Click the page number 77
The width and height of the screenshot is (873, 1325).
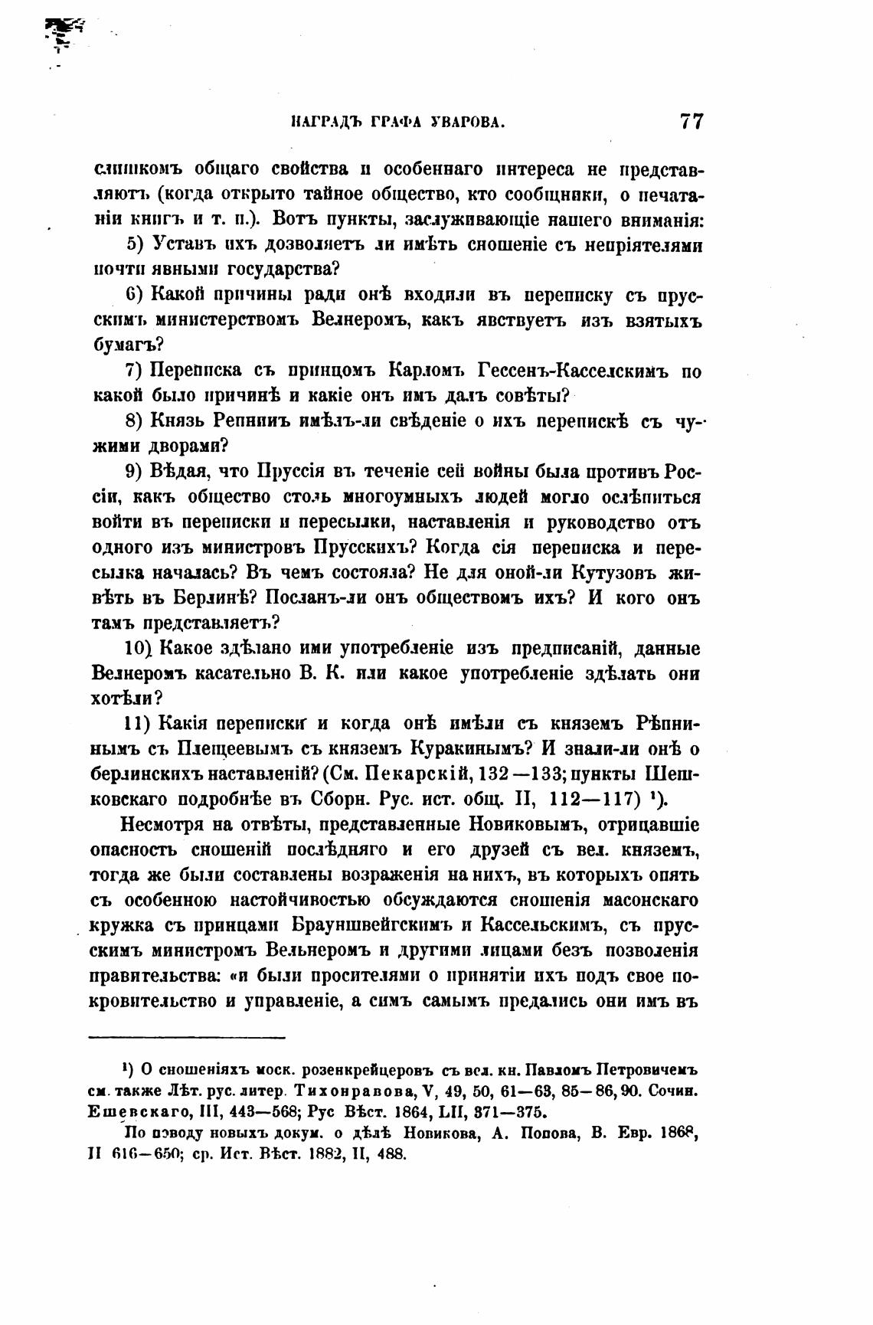(690, 122)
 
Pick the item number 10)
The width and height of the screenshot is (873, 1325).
(139, 649)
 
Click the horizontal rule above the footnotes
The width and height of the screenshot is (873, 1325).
(188, 1038)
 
